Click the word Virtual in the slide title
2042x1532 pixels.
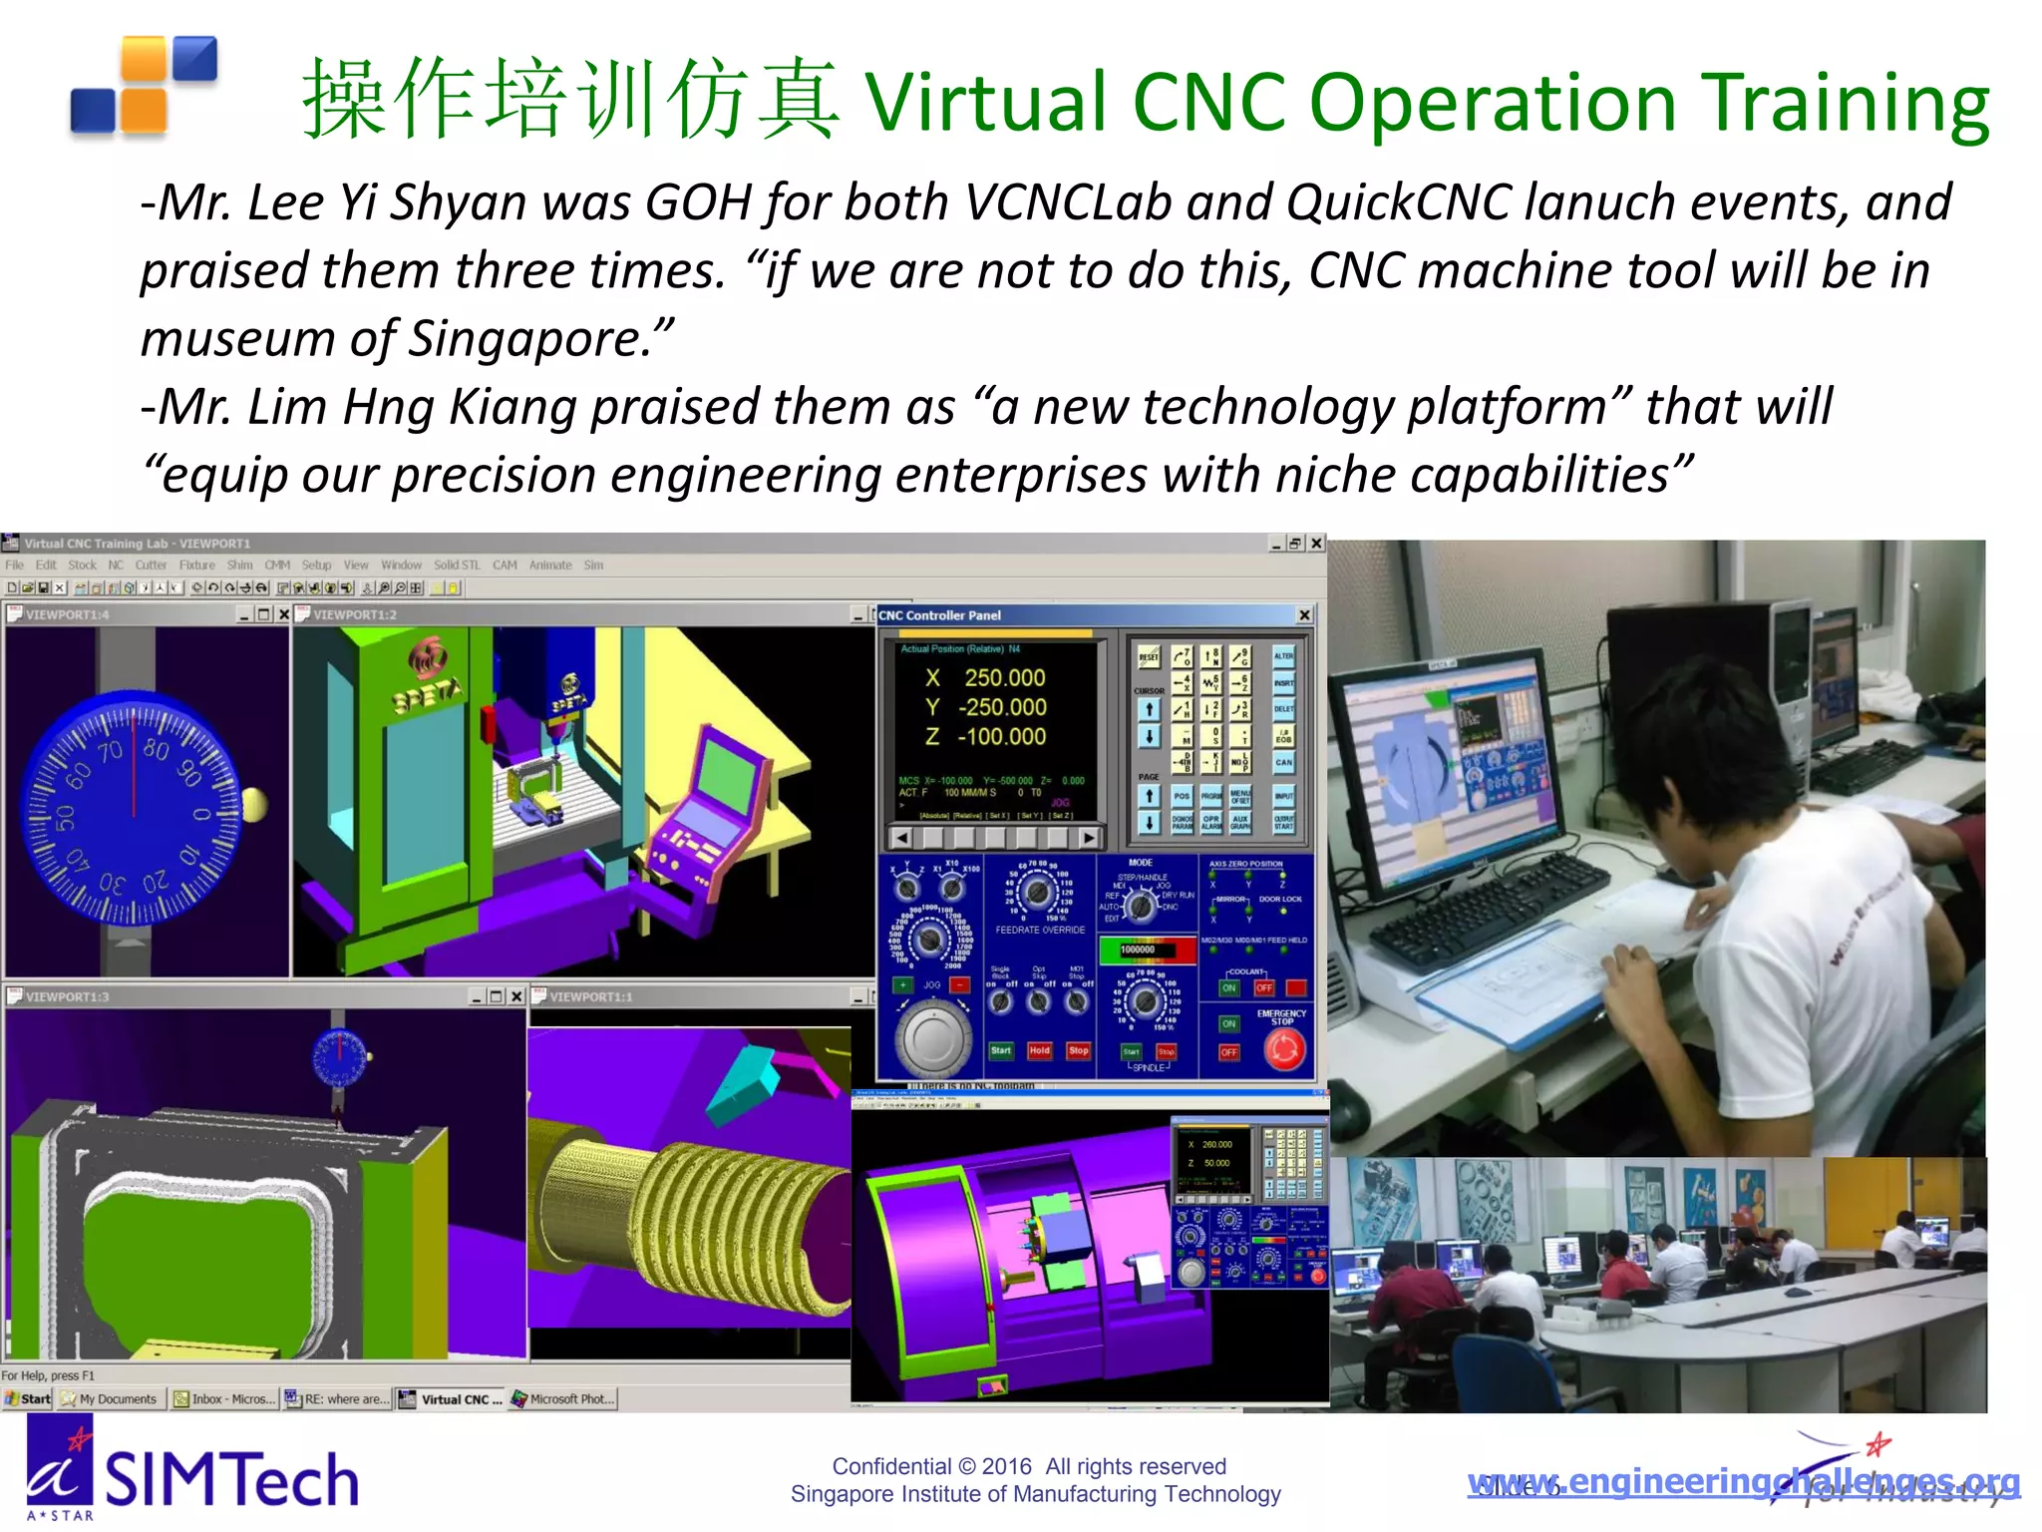986,103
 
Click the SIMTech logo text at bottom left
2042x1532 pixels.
231,1479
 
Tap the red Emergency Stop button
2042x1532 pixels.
1284,1049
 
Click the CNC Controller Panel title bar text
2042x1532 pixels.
939,615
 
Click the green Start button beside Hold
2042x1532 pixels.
1000,1050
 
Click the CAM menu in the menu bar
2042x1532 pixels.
505,566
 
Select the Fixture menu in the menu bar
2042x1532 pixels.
196,566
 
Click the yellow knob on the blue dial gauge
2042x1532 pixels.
254,804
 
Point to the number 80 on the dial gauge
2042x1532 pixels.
156,748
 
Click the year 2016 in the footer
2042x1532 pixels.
1006,1466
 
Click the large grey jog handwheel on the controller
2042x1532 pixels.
933,1038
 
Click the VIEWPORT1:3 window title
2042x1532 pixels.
68,996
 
